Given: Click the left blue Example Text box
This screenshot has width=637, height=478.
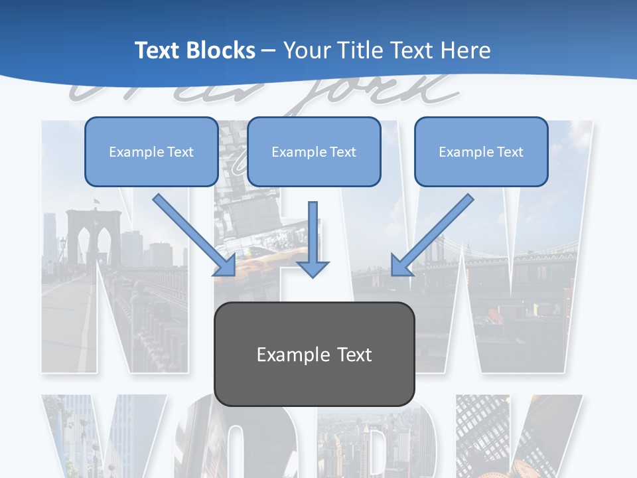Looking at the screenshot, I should (151, 151).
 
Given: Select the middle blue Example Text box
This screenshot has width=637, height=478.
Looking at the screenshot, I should (314, 151).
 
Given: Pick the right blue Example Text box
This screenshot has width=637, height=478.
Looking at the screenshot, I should (481, 151).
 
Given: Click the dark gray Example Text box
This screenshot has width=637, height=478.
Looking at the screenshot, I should (314, 354).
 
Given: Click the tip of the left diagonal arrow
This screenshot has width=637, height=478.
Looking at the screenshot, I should (233, 274).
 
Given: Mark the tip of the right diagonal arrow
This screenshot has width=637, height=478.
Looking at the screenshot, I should (393, 274).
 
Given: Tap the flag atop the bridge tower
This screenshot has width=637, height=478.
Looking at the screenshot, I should (97, 200).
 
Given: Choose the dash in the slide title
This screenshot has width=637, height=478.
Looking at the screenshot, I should (269, 50).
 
